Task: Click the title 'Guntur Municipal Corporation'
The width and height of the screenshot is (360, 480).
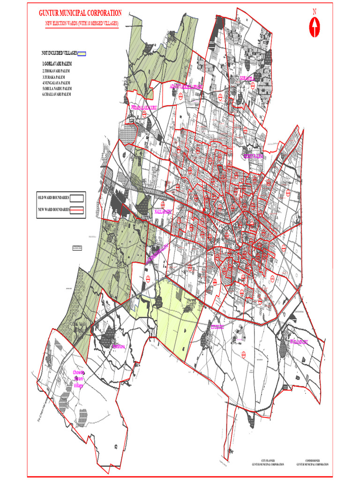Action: (x=80, y=14)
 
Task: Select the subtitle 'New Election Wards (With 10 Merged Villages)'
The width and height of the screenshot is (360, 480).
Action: (x=82, y=23)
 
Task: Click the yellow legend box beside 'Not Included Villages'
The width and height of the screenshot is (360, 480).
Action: (x=82, y=54)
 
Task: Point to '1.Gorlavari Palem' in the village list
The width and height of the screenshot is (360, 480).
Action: (x=60, y=63)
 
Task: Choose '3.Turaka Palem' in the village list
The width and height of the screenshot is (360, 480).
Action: (x=54, y=77)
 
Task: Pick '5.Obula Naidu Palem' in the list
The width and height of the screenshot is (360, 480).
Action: (x=57, y=88)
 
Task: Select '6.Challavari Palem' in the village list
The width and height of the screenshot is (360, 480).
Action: (x=57, y=94)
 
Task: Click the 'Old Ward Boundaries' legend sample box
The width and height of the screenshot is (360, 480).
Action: (x=77, y=197)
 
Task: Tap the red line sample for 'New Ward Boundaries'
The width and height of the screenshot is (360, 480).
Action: (x=77, y=210)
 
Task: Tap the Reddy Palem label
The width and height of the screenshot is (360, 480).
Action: (x=253, y=156)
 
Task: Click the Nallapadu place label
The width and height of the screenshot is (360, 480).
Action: (x=163, y=212)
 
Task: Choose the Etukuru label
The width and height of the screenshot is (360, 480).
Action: (x=217, y=327)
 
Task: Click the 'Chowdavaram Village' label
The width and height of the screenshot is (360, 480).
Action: (x=79, y=379)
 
